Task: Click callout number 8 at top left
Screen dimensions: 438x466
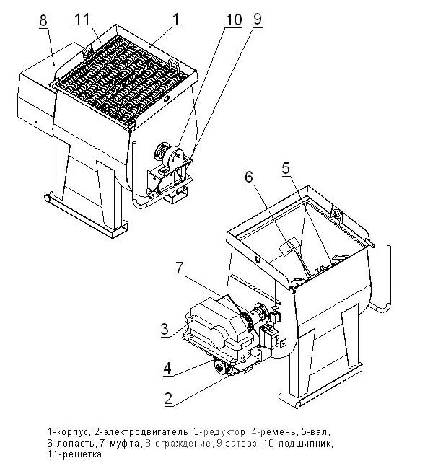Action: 43,20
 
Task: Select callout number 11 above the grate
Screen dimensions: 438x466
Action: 82,19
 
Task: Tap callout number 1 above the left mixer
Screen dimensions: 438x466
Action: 176,19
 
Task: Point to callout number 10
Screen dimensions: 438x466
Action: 234,20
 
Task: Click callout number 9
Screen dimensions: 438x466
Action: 257,19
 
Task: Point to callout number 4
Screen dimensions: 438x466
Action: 167,369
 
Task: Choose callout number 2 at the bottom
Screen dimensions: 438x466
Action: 168,398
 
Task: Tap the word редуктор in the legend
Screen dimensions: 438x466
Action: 223,431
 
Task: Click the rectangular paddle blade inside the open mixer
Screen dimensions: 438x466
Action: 288,247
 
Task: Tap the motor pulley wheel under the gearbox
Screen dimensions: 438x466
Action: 222,368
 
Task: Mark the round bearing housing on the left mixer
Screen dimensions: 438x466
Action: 175,155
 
